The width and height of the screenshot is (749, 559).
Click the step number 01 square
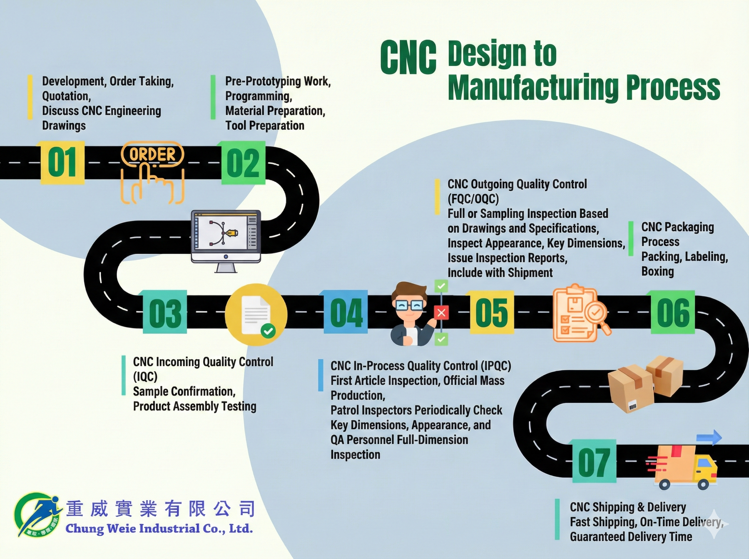coord(62,163)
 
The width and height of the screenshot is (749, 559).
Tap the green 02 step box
coord(243,163)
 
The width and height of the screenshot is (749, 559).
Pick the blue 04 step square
coord(346,312)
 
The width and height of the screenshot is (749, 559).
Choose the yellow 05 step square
coord(492,312)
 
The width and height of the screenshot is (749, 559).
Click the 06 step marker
coord(673,312)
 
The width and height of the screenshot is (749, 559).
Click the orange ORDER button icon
coord(153,155)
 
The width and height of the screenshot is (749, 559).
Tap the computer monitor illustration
coord(226,237)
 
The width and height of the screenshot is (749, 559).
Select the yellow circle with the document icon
coord(256,315)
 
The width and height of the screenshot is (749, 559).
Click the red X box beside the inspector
coord(441,313)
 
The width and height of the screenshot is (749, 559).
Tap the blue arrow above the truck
coord(709,437)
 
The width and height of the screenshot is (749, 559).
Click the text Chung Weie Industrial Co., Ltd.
coord(159,528)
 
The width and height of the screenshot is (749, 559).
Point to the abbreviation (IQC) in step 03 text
coord(145,376)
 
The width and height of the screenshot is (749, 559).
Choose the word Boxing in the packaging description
coord(657,271)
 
